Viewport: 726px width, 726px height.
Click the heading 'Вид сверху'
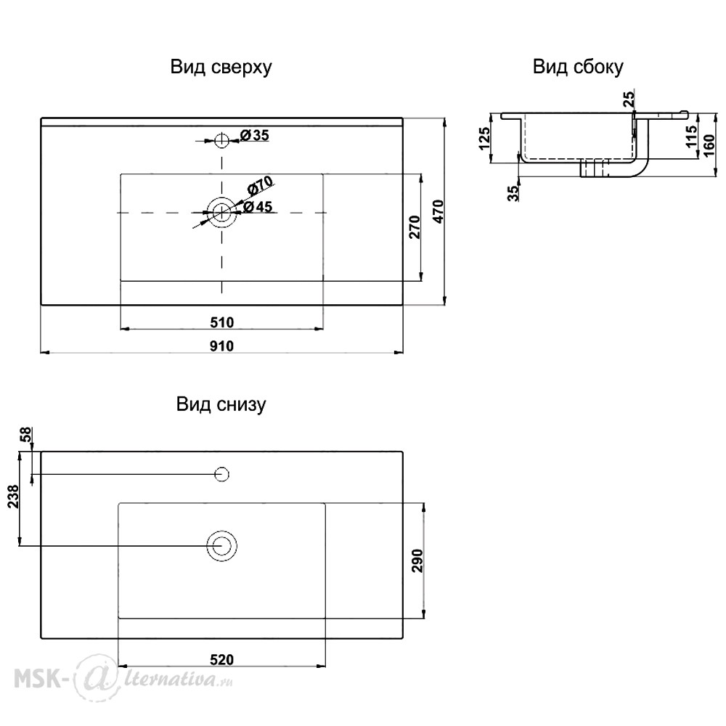[x=221, y=68]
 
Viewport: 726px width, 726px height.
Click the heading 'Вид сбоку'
[x=578, y=67]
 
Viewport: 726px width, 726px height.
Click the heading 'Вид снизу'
[x=221, y=404]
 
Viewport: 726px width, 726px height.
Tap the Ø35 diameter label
[x=255, y=135]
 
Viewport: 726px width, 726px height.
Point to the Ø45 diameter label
[x=258, y=206]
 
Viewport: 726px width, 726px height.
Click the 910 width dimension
[x=221, y=346]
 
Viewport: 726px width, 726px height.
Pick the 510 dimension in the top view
[x=221, y=322]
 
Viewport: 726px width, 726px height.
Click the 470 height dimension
[x=438, y=211]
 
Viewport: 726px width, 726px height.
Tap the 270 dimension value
[x=415, y=227]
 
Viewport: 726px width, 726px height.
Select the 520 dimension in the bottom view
[x=221, y=660]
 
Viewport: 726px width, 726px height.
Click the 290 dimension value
[x=417, y=560]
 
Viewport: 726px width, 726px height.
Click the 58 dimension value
[x=26, y=434]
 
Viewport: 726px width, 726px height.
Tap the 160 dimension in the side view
[x=709, y=146]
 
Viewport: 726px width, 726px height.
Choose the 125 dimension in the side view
[x=484, y=139]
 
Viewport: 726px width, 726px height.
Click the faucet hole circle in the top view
[x=222, y=134]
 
